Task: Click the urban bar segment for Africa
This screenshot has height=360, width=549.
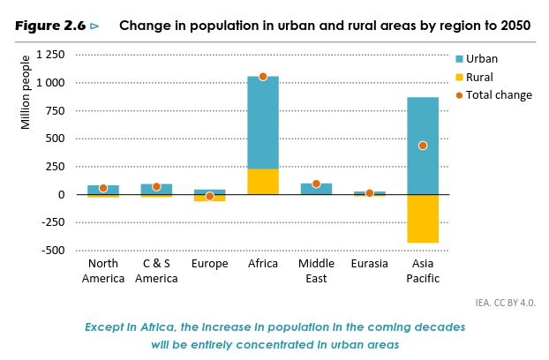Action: tap(262, 124)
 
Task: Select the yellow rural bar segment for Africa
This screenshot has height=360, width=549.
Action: tap(262, 182)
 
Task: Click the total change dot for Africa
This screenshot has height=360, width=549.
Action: tap(263, 77)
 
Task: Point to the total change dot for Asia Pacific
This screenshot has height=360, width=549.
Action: tap(423, 146)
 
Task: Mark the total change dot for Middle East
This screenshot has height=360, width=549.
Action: tap(316, 184)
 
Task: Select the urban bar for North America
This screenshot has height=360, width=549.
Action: tap(103, 190)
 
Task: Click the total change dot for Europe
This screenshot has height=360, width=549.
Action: tap(210, 196)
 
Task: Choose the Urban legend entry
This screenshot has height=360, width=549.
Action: tap(482, 59)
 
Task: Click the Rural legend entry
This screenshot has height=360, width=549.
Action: tap(479, 77)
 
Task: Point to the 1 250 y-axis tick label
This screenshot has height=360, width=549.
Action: tap(49, 56)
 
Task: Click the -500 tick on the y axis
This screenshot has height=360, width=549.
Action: tap(52, 251)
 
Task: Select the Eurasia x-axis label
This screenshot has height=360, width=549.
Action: tap(369, 263)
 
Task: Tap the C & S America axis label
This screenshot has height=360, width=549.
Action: tap(156, 271)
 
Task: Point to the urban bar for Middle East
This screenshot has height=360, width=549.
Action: tap(316, 189)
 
